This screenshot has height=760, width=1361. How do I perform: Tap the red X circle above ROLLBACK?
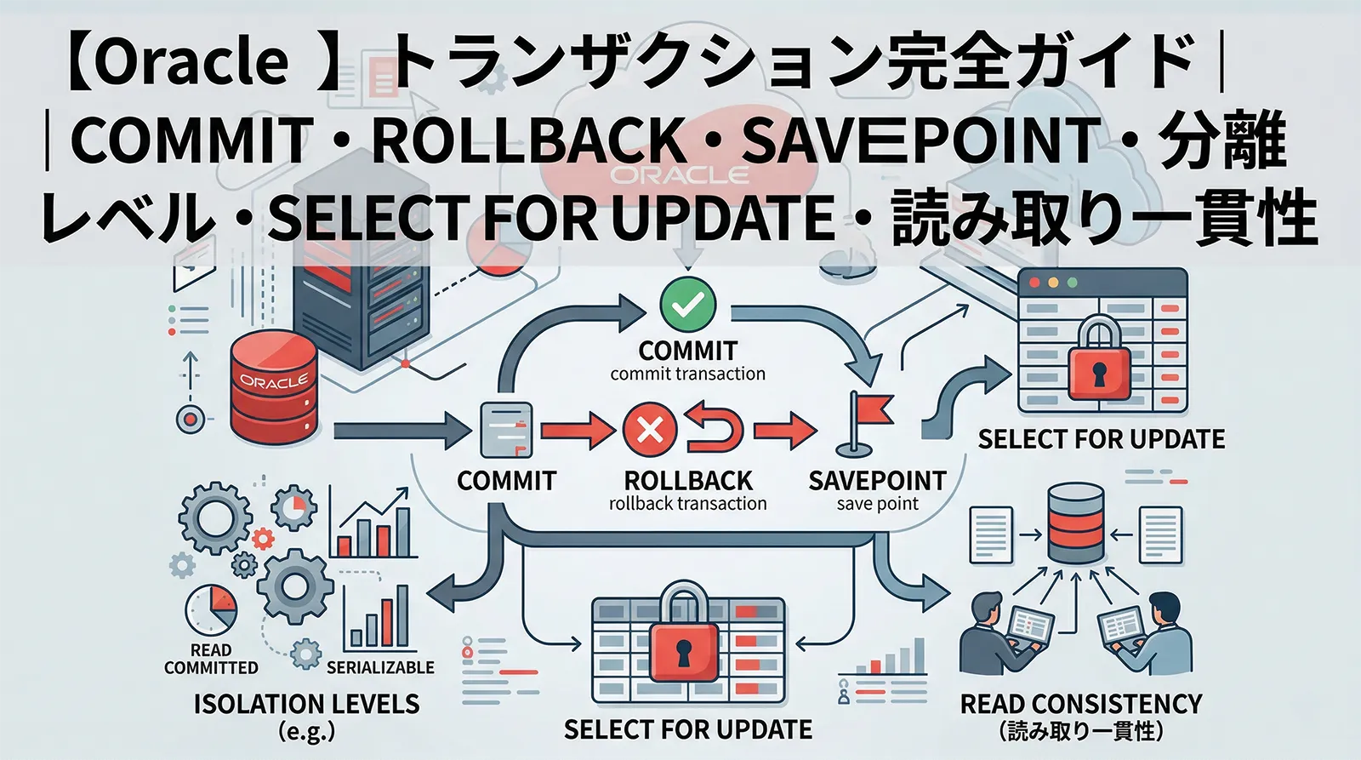[650, 429]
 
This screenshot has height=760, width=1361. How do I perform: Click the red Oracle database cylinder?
[274, 388]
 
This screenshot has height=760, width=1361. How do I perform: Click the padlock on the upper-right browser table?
[1099, 363]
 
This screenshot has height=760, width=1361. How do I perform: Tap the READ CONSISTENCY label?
[1080, 704]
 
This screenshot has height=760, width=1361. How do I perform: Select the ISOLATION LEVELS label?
[306, 704]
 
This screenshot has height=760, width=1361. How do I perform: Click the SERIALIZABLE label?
[380, 667]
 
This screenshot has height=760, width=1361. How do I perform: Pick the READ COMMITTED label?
[211, 659]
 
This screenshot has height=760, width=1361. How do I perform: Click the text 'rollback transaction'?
[687, 504]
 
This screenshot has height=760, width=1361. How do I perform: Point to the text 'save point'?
[877, 504]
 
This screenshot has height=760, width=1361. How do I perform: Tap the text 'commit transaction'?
[687, 374]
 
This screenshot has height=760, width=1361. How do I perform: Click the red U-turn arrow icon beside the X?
[715, 429]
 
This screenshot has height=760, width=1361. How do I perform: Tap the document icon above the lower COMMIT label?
[506, 429]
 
